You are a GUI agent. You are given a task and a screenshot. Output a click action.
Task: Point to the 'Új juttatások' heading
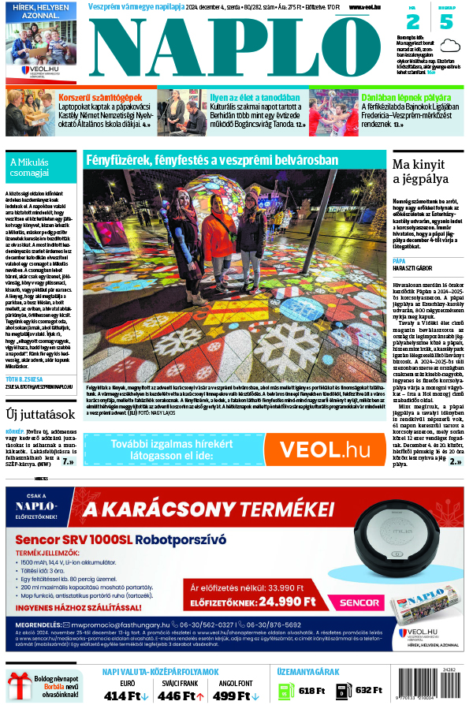click(x=37, y=413)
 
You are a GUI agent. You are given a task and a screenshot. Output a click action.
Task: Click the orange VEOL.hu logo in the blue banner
click(x=324, y=449)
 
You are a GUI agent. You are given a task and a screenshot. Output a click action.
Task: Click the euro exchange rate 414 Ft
click(x=125, y=695)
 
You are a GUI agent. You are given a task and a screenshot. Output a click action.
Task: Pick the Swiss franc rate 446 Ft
click(x=181, y=695)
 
